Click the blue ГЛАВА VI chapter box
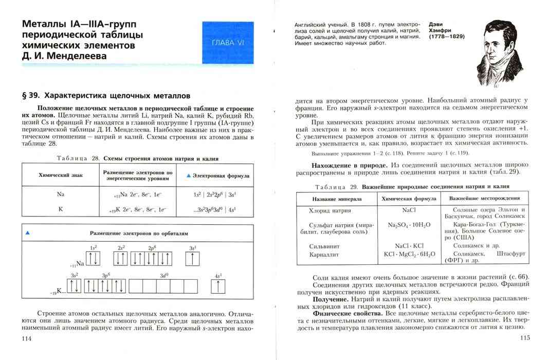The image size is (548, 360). point(228,43)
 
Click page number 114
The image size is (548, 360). point(24,338)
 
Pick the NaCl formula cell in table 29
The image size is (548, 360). point(409,210)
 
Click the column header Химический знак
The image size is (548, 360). point(60,175)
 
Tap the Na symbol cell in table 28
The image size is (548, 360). point(60,194)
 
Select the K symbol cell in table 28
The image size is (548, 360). point(60,209)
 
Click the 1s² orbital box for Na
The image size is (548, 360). point(93,259)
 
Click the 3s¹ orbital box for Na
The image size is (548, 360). point(192,259)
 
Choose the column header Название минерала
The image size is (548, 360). point(336,199)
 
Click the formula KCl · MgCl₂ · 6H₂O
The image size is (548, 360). point(409,254)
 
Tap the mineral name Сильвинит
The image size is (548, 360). point(324,246)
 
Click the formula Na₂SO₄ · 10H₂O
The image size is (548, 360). point(409,225)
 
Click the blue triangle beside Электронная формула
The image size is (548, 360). point(188,176)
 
